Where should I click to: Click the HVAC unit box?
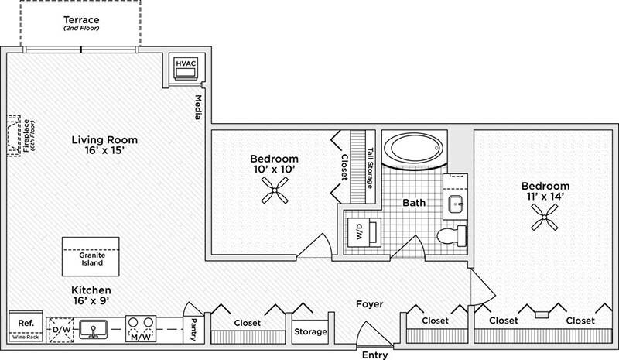[x=186, y=69]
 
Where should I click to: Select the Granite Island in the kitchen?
[x=92, y=257]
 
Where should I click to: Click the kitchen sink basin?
[x=94, y=329]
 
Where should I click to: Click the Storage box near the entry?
[x=309, y=332]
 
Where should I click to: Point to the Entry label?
[x=378, y=355]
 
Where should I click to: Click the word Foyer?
[x=369, y=304]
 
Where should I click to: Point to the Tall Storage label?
[x=370, y=169]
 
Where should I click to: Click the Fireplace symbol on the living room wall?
[x=13, y=135]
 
